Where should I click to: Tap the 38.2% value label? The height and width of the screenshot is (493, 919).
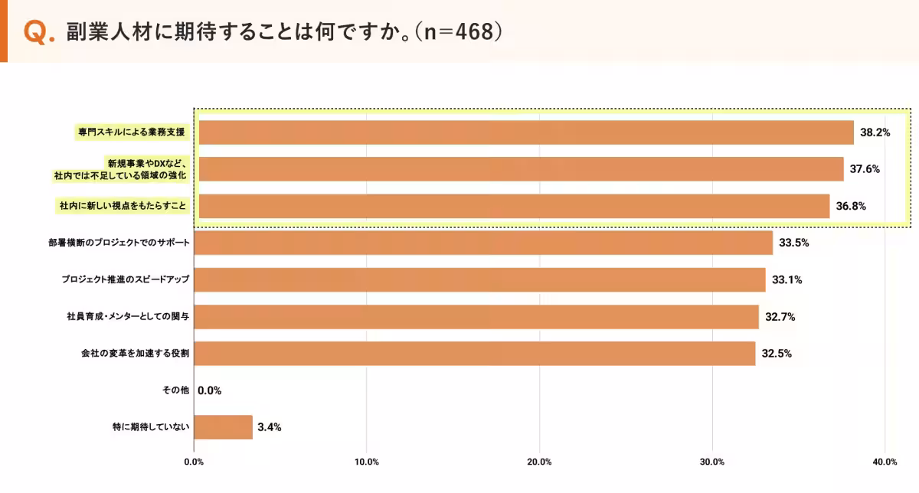tap(875, 132)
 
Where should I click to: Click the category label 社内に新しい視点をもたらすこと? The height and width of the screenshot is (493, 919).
tap(123, 206)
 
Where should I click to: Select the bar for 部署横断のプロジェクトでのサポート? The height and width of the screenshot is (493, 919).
tap(483, 243)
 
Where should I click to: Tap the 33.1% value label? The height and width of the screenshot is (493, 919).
tap(787, 279)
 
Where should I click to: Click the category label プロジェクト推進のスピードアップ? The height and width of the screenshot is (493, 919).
tap(125, 279)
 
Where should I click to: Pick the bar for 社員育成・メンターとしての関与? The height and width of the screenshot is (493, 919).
tap(476, 316)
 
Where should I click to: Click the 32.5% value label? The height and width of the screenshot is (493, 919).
tap(777, 353)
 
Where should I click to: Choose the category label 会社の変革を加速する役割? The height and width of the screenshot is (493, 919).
tap(135, 353)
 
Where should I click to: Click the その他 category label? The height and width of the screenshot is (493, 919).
tap(175, 390)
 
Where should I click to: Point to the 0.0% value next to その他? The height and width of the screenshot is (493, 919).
tap(209, 390)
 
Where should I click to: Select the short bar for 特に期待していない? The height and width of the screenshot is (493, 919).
tap(224, 427)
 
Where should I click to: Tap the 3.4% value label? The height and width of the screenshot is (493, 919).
tap(270, 427)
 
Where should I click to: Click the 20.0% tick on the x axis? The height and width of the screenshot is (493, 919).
tap(540, 462)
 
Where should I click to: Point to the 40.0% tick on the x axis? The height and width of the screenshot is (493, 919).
tap(885, 462)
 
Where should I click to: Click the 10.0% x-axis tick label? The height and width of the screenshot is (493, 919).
tap(367, 462)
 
